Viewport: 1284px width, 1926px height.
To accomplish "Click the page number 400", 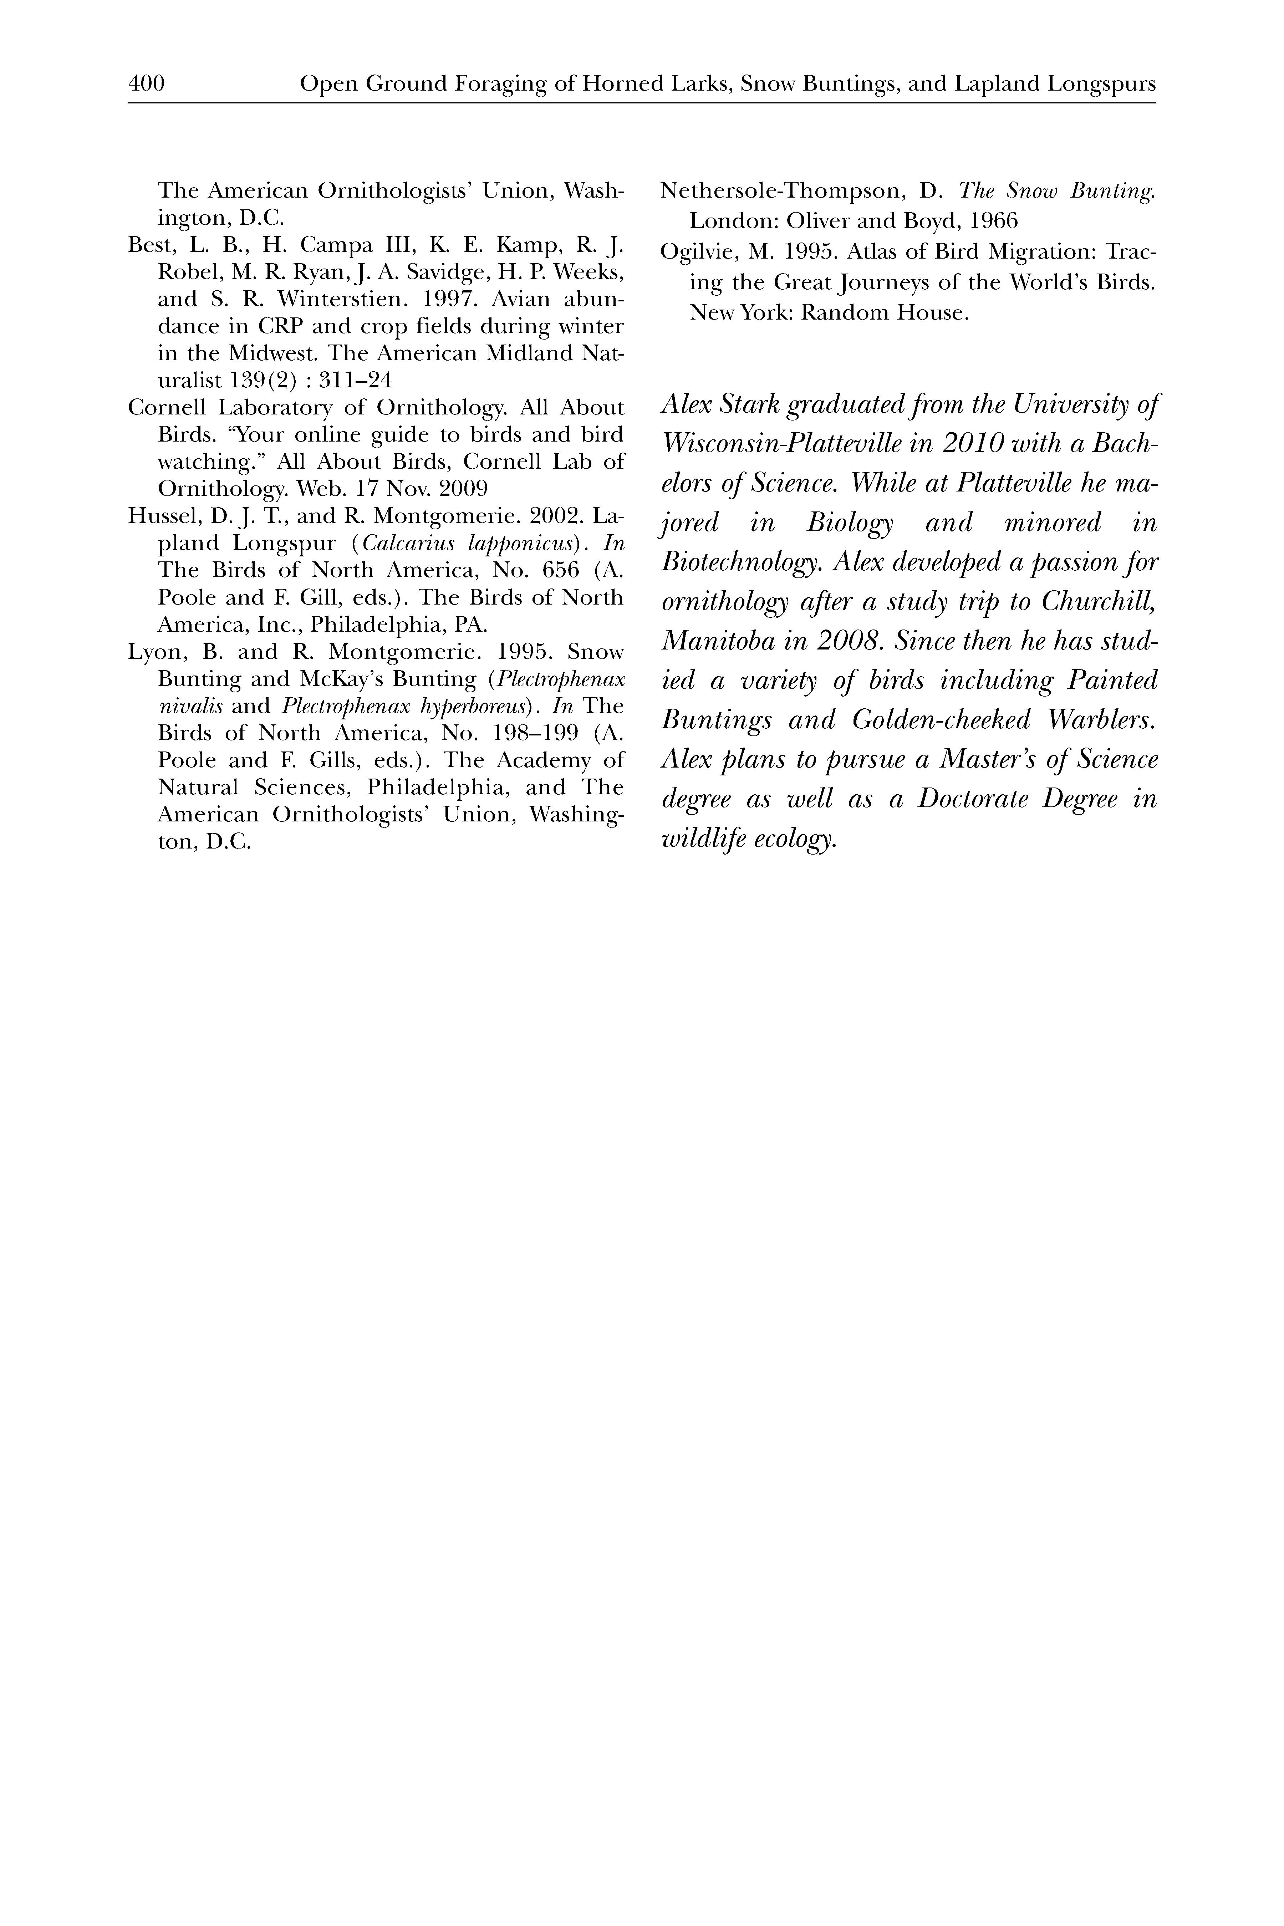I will tap(147, 83).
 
